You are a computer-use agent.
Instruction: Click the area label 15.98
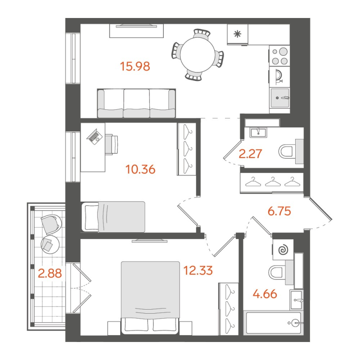point(135,67)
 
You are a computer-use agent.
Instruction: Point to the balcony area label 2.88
point(50,273)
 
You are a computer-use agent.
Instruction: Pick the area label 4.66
point(264,295)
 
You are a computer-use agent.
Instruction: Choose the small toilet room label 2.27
point(251,154)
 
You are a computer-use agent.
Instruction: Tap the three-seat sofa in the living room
point(136,103)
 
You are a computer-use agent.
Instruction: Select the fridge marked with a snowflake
point(238,34)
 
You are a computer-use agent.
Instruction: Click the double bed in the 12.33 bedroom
point(150,297)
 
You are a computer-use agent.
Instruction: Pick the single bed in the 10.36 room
point(114,216)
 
